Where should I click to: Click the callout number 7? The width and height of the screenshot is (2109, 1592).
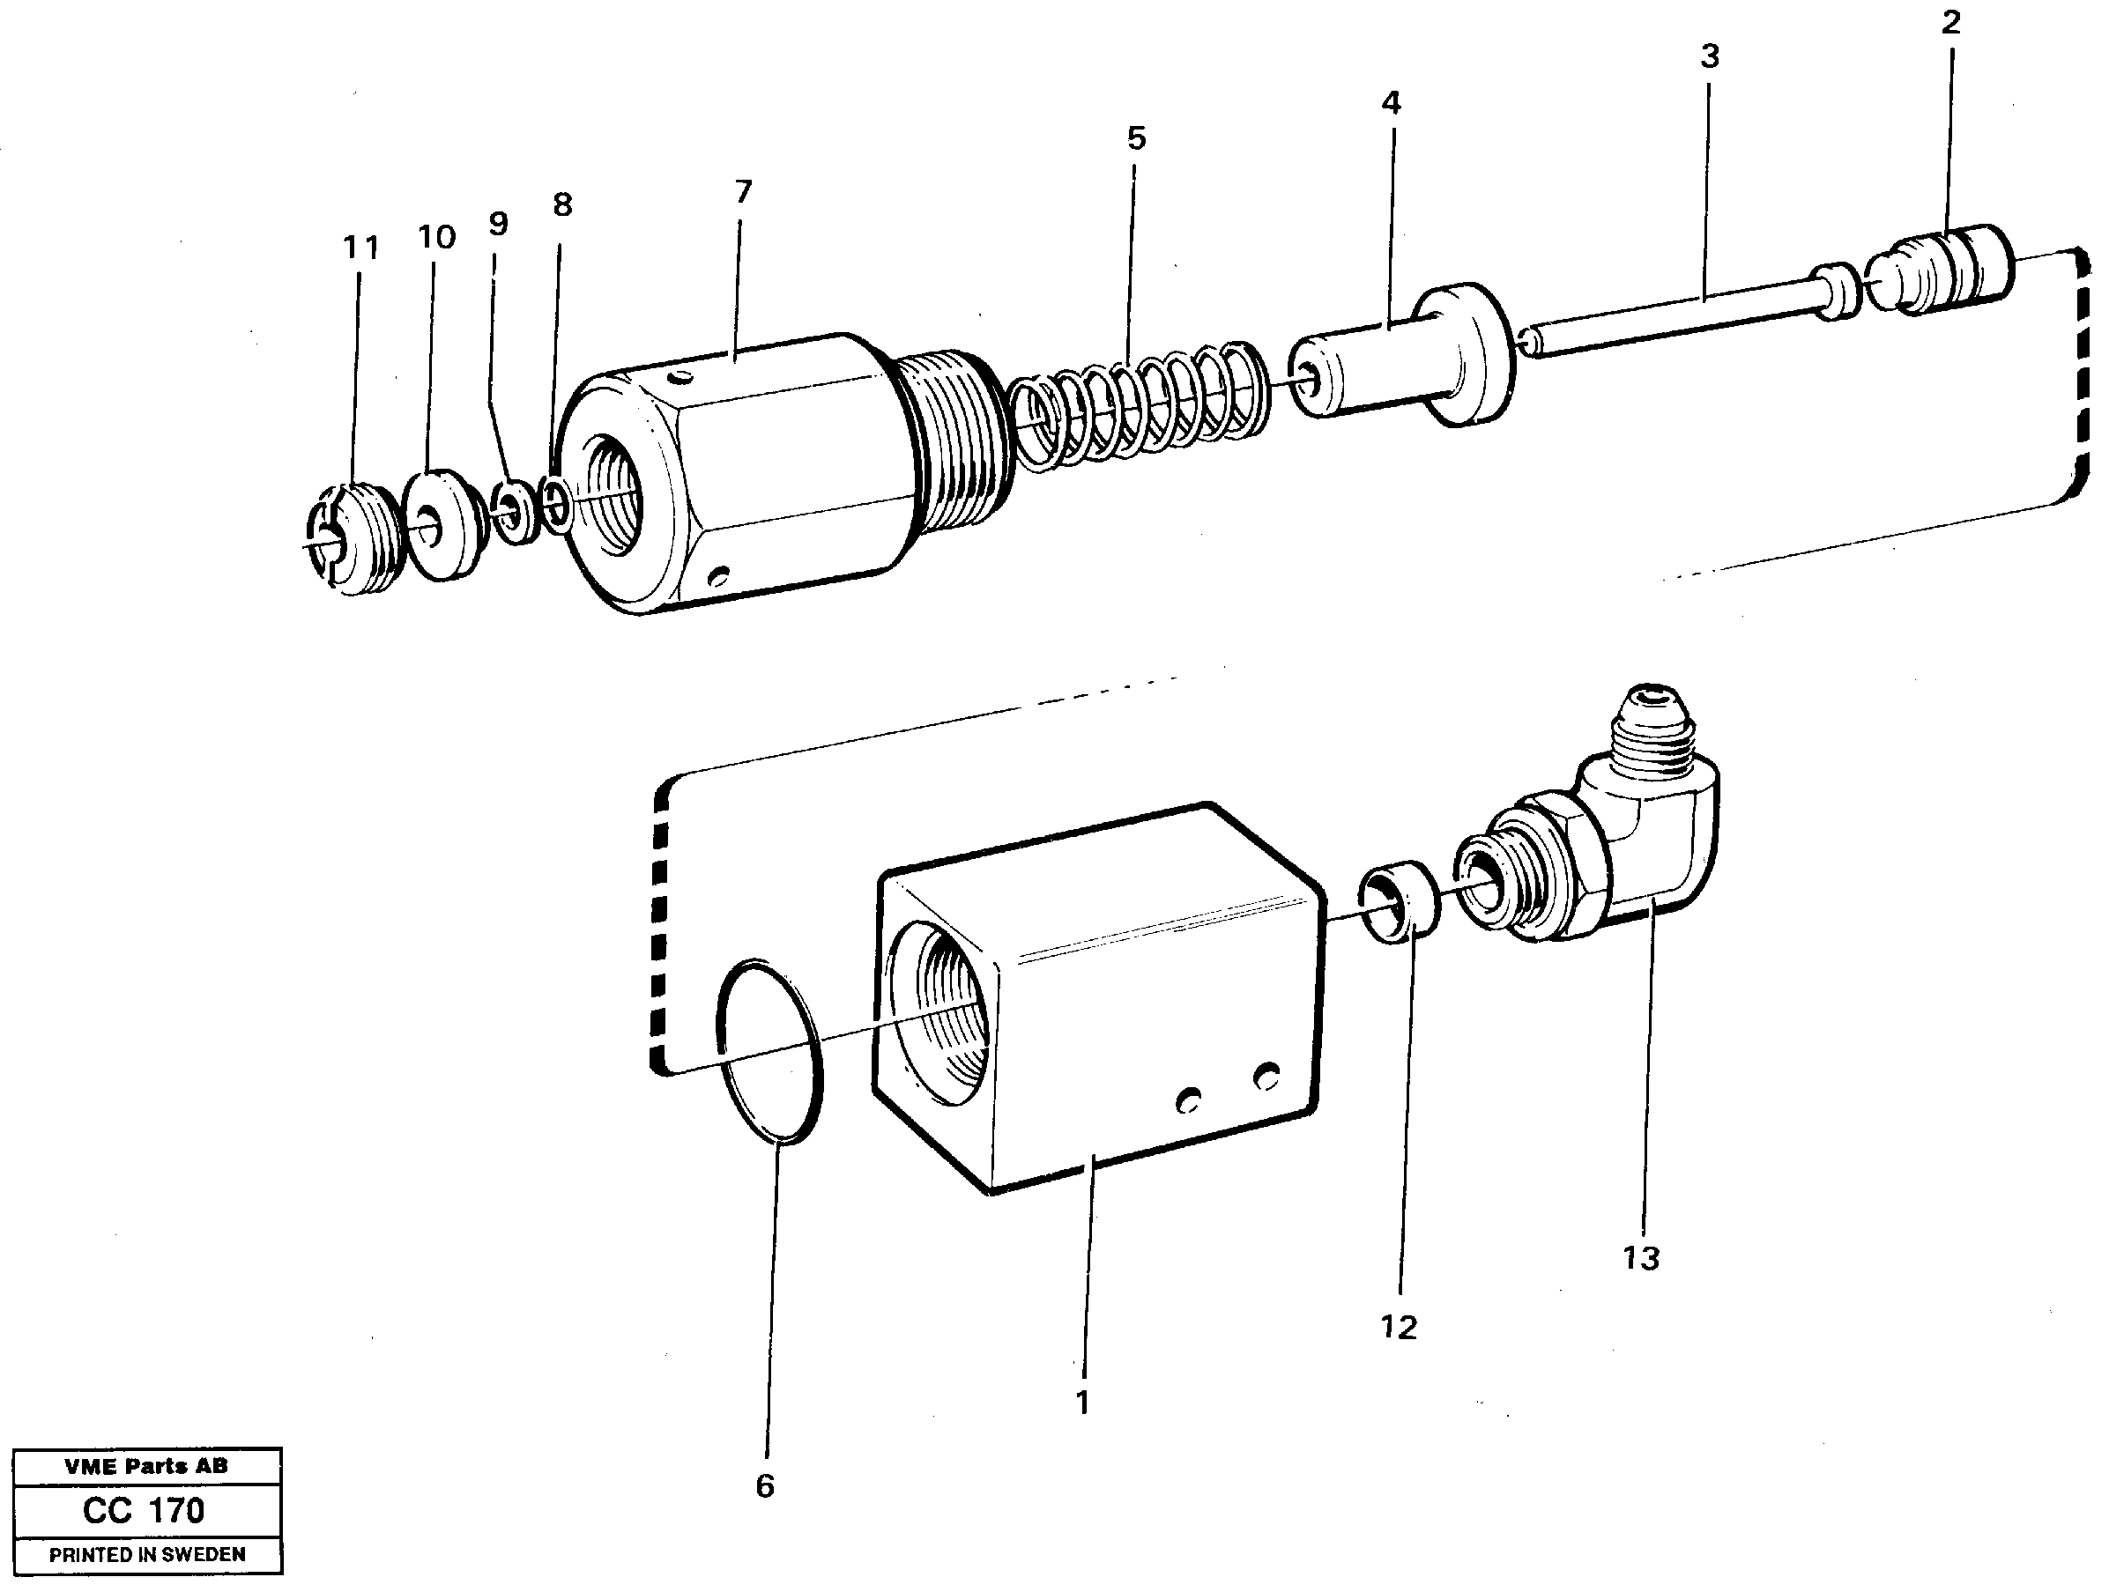[744, 193]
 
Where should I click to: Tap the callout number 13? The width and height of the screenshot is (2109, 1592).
[1641, 1258]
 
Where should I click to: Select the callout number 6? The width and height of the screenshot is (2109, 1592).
[765, 1485]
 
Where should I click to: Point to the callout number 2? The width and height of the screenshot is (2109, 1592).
[1950, 23]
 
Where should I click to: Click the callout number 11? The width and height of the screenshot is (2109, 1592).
[361, 248]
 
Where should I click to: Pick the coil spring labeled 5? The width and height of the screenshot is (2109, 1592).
[1140, 406]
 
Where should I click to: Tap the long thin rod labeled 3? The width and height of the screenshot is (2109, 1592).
[1678, 315]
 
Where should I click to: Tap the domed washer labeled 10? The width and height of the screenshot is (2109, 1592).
[444, 524]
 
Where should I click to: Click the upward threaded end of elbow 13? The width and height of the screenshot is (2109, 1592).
[1660, 729]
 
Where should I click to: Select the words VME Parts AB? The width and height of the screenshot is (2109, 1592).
[146, 1466]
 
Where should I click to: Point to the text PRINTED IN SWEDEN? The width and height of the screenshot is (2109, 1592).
[147, 1555]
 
